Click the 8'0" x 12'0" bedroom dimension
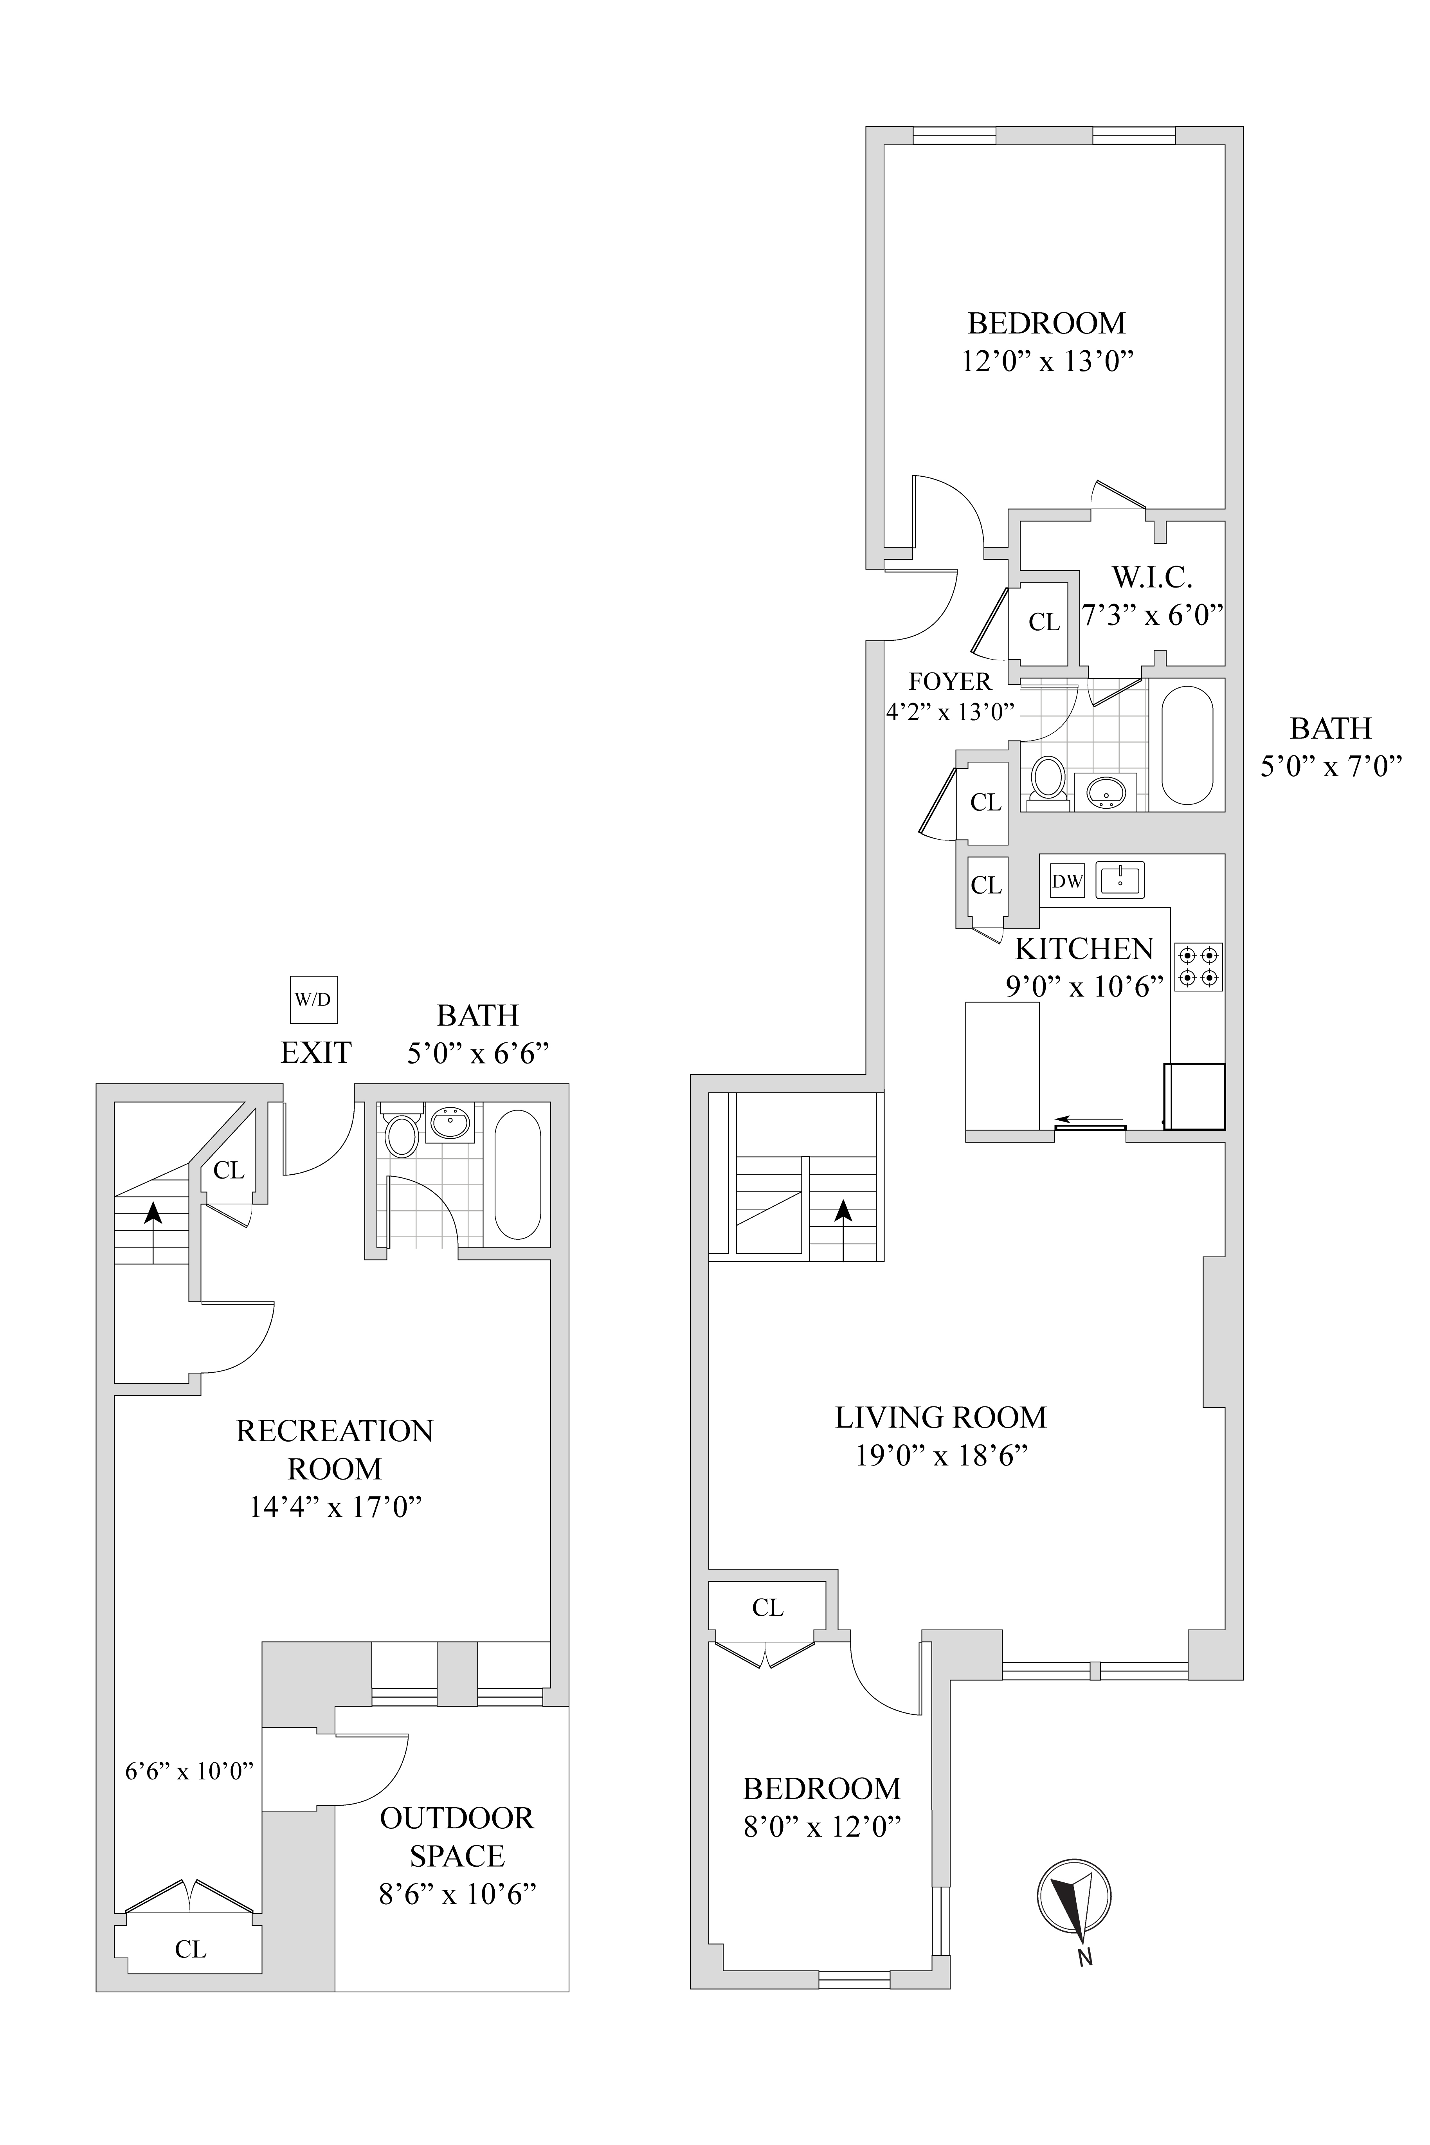click(x=823, y=1827)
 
